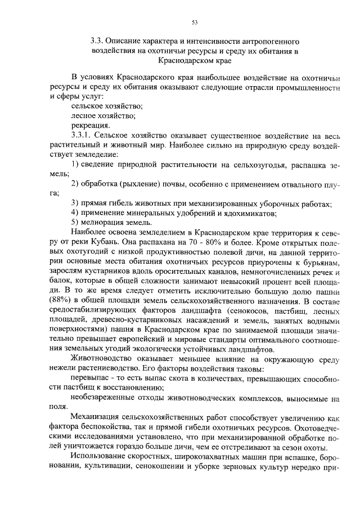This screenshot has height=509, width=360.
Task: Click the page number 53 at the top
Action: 195,22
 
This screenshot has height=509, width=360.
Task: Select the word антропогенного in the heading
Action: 268,41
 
